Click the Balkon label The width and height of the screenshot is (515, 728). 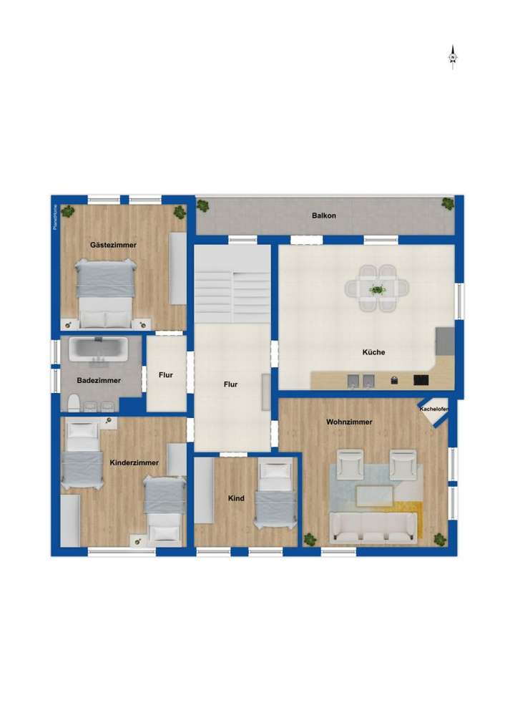coord(323,215)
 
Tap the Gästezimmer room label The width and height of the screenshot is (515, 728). coord(113,245)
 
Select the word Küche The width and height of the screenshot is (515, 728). coord(373,352)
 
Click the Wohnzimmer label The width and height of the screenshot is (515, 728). coord(349,422)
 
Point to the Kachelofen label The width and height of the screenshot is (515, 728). coord(434,409)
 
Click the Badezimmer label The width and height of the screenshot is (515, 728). coord(99,380)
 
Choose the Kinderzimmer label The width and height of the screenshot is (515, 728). coord(134,463)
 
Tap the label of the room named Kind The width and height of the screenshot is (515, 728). coord(236,498)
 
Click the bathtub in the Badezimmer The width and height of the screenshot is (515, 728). coord(99,349)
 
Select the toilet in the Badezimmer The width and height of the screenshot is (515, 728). coord(73,402)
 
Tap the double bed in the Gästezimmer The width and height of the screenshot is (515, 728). coord(106,292)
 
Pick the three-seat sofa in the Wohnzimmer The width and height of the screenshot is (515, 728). coord(373,527)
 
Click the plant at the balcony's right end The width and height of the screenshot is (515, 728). coord(448,203)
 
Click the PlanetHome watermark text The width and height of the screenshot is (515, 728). coord(55,218)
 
